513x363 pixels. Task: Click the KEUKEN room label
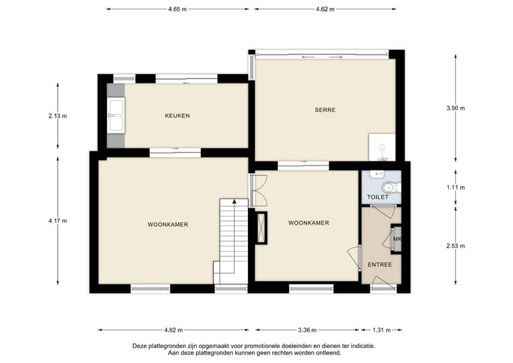177,116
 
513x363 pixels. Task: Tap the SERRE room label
325,110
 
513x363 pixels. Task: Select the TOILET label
377,197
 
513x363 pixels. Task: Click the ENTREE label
379,265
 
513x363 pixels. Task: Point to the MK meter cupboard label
398,239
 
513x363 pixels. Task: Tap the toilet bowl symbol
395,187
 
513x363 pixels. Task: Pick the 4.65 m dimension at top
177,9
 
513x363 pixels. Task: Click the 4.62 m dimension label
326,9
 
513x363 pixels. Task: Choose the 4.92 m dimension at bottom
173,330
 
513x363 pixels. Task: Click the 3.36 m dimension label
307,330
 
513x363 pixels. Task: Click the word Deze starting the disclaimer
140,346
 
